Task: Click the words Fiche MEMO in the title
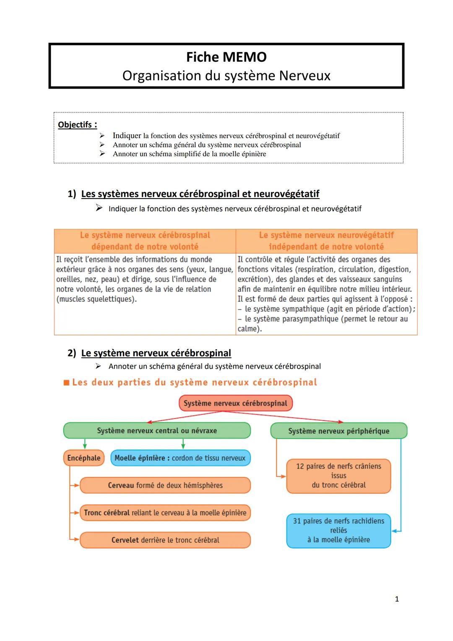[226, 57]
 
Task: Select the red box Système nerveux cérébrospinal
[235, 403]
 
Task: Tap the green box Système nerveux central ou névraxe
[157, 431]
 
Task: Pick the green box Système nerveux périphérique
[338, 431]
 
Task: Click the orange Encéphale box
[84, 458]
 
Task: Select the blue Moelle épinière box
[180, 458]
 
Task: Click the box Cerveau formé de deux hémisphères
[165, 485]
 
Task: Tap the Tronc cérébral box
[165, 513]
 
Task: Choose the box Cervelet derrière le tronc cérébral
[165, 540]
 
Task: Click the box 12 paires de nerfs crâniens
[338, 476]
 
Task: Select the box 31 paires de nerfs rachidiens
[338, 530]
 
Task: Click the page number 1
[397, 599]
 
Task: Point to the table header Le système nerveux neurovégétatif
[326, 235]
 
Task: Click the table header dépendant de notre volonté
[145, 247]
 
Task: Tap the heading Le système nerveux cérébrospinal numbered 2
[156, 353]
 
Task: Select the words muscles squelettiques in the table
[97, 299]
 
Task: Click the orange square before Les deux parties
[66, 383]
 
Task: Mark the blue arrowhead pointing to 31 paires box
[394, 531]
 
